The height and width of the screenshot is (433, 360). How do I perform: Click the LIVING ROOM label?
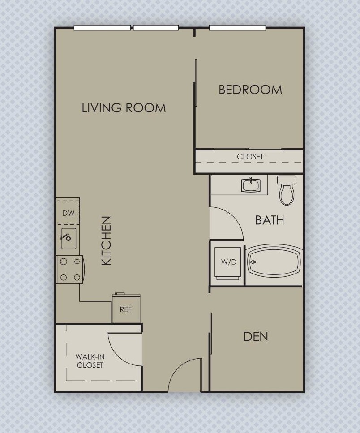click(124, 108)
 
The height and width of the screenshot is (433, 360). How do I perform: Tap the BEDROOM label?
click(250, 90)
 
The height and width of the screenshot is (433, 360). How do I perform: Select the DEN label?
click(256, 336)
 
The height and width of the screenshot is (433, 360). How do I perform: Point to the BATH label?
click(270, 220)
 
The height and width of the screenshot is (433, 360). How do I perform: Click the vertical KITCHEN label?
click(106, 240)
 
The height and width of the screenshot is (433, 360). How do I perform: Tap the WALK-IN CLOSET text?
click(90, 361)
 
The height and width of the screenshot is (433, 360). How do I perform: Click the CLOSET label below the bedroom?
click(250, 157)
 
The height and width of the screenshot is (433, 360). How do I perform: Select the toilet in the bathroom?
click(287, 190)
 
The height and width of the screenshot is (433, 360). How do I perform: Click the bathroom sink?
click(251, 184)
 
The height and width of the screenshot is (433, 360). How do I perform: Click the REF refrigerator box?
click(126, 309)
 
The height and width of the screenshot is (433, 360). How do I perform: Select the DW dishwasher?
click(68, 213)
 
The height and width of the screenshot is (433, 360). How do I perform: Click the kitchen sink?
click(69, 238)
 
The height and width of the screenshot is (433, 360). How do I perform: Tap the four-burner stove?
click(70, 270)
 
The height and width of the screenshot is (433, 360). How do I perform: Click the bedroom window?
click(237, 28)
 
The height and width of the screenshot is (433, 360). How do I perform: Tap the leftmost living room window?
click(102, 28)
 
